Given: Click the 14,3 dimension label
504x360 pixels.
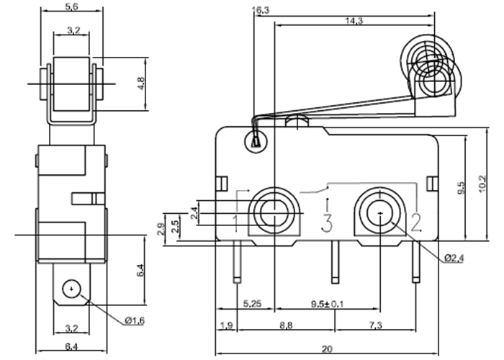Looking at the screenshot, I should coord(353,21).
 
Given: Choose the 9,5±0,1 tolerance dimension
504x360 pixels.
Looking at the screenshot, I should coord(327,304).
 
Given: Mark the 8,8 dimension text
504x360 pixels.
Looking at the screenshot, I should coord(287,326).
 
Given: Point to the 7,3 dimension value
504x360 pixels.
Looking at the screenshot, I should coord(375,326).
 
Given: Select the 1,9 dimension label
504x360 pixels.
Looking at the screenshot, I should coord(225,326).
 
